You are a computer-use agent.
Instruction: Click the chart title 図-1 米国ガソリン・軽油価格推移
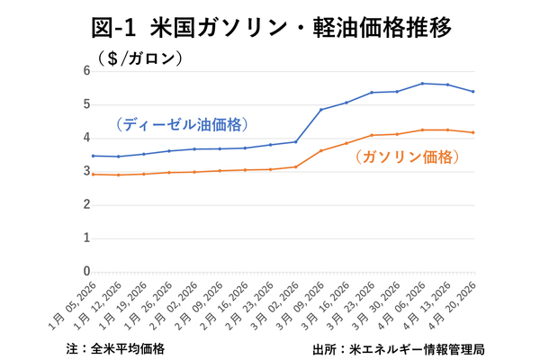click(x=270, y=27)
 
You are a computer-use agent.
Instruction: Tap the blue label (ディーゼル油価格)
click(x=181, y=124)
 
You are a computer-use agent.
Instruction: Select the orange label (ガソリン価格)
click(x=407, y=157)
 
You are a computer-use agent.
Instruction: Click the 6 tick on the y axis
click(x=86, y=71)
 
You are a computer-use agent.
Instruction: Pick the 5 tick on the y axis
click(x=86, y=104)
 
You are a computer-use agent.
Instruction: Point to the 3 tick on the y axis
click(x=86, y=171)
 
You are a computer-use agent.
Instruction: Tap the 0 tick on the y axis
click(x=86, y=271)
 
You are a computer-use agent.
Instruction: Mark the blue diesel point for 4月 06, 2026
click(x=422, y=84)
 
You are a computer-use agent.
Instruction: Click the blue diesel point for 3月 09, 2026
click(x=321, y=110)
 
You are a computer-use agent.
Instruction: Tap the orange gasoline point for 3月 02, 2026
click(x=296, y=166)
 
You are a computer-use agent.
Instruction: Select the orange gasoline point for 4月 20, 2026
click(x=472, y=132)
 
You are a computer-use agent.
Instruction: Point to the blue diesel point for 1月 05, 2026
click(x=94, y=156)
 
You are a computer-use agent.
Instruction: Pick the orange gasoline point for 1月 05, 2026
click(x=94, y=174)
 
